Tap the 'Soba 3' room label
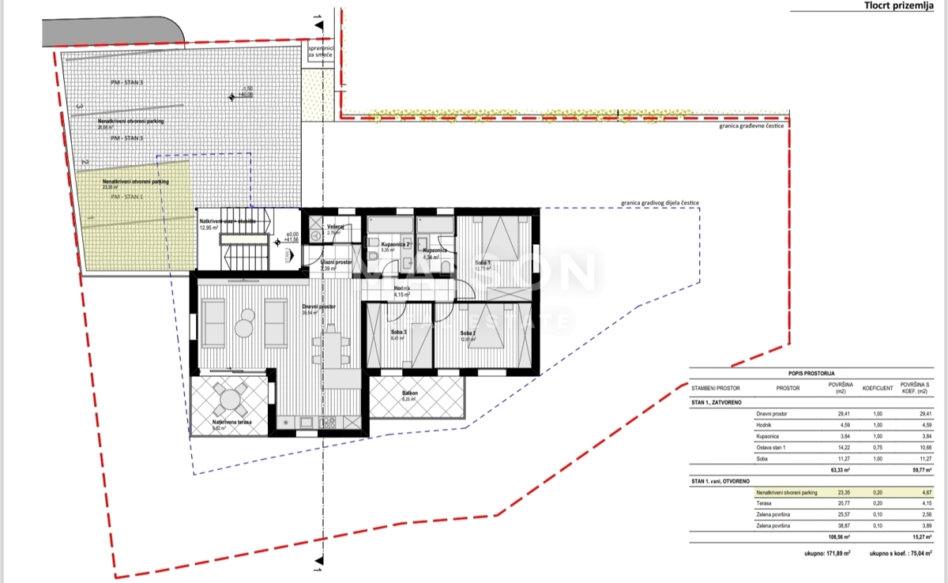click(x=399, y=332)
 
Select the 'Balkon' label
click(x=409, y=393)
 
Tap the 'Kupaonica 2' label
click(x=393, y=245)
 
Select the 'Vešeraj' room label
click(x=336, y=227)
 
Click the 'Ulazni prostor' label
click(x=337, y=262)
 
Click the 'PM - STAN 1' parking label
click(x=127, y=196)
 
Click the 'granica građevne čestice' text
click(x=751, y=126)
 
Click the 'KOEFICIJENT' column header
click(x=877, y=388)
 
